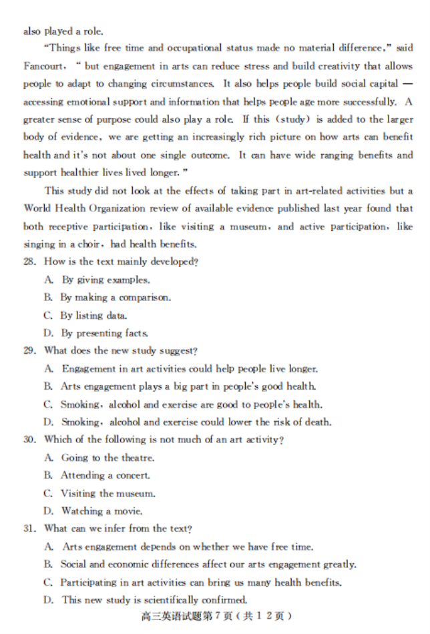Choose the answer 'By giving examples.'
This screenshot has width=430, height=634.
click(105, 280)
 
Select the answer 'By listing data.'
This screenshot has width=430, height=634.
click(93, 316)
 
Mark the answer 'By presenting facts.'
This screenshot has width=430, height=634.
click(104, 333)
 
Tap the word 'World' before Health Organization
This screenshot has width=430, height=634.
click(37, 208)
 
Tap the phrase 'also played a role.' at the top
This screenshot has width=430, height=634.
click(63, 31)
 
